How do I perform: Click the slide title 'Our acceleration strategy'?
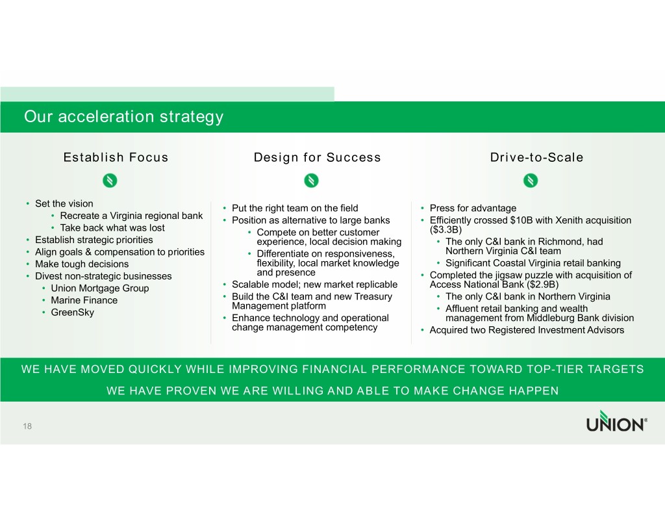[123, 117]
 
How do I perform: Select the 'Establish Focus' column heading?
[116, 157]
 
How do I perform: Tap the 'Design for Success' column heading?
[317, 157]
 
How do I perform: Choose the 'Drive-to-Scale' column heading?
[536, 157]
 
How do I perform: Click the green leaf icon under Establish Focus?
[110, 181]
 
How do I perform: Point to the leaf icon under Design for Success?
[311, 181]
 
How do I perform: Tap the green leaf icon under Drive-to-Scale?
[530, 181]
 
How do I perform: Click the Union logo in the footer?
[617, 421]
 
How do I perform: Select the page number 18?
[27, 426]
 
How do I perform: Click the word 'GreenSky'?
[73, 313]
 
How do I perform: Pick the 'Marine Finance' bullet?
[84, 300]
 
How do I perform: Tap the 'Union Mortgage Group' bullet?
[100, 289]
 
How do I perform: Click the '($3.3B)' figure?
[445, 229]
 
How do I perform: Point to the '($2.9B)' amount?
[542, 285]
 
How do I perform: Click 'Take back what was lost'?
[112, 228]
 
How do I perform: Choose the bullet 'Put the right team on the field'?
[295, 209]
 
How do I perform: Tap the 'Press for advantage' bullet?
[473, 209]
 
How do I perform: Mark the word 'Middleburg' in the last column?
[551, 318]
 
